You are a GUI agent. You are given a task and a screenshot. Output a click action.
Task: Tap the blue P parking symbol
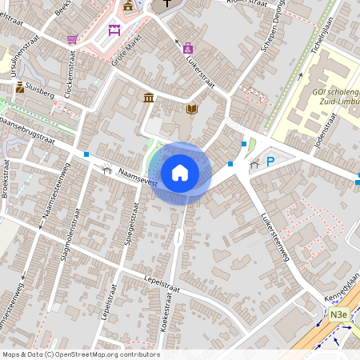[x=270, y=162]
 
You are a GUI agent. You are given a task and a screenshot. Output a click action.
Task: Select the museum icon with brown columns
[x=149, y=98]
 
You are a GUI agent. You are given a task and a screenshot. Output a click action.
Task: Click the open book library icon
[x=191, y=109]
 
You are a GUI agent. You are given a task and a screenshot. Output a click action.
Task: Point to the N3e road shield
[x=339, y=315]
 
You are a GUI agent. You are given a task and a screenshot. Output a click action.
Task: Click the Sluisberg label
[x=39, y=94]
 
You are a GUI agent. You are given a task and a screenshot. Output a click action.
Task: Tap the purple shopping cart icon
[x=73, y=39]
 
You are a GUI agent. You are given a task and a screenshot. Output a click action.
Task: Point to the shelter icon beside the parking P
[x=254, y=164]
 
